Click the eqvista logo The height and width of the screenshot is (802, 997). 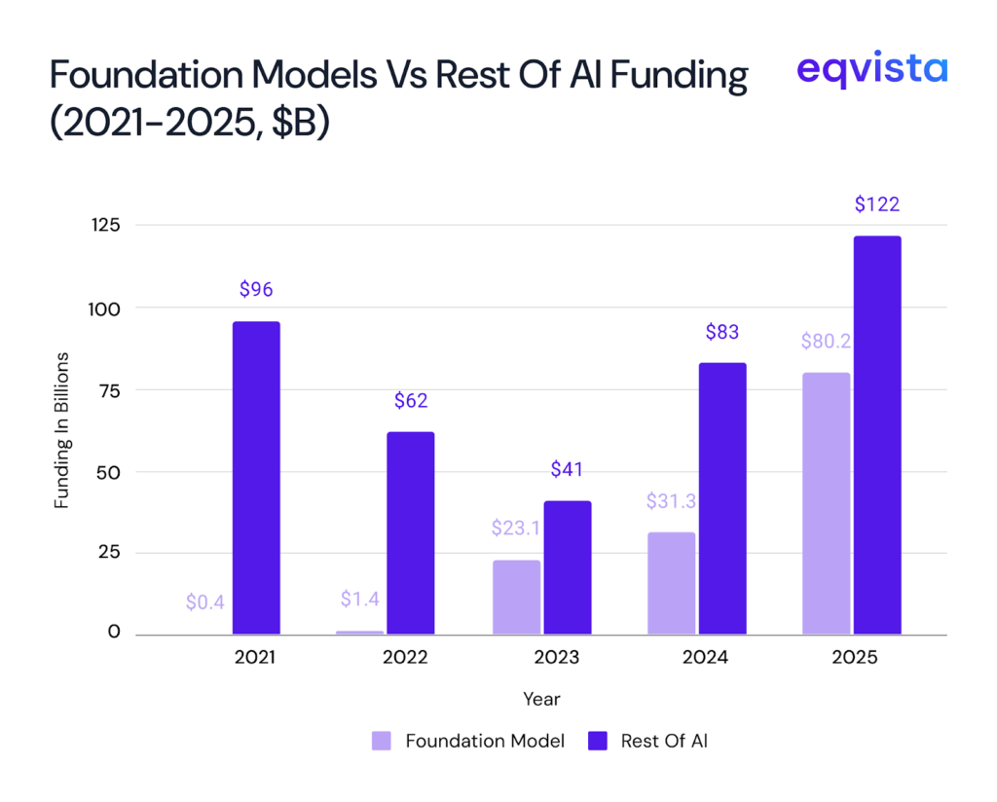pos(870,69)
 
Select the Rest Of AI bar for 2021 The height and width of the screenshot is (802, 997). pos(256,478)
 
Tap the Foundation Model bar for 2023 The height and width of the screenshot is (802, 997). pos(516,597)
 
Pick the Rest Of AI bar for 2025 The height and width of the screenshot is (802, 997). pos(877,435)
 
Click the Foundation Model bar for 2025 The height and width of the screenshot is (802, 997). pos(826,503)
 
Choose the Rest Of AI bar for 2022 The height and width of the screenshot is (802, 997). pos(411,532)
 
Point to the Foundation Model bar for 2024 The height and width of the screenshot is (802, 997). pos(672,583)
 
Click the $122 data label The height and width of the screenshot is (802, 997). pos(877,204)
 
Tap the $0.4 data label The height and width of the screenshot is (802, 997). pos(205,602)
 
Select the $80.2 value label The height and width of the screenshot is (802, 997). pos(826,342)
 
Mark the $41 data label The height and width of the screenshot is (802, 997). pos(567,469)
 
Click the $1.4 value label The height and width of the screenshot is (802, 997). pos(360,599)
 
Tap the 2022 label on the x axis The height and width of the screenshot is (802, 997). pos(405,657)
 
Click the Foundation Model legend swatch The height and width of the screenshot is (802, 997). pos(382,742)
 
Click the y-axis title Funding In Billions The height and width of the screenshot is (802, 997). pos(61,429)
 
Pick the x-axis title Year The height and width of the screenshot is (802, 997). pos(541,699)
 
